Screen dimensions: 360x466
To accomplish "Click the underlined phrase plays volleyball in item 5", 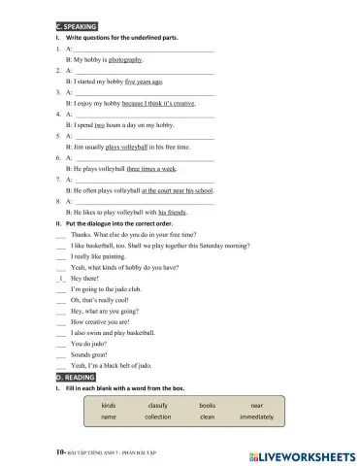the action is point(125,147).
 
